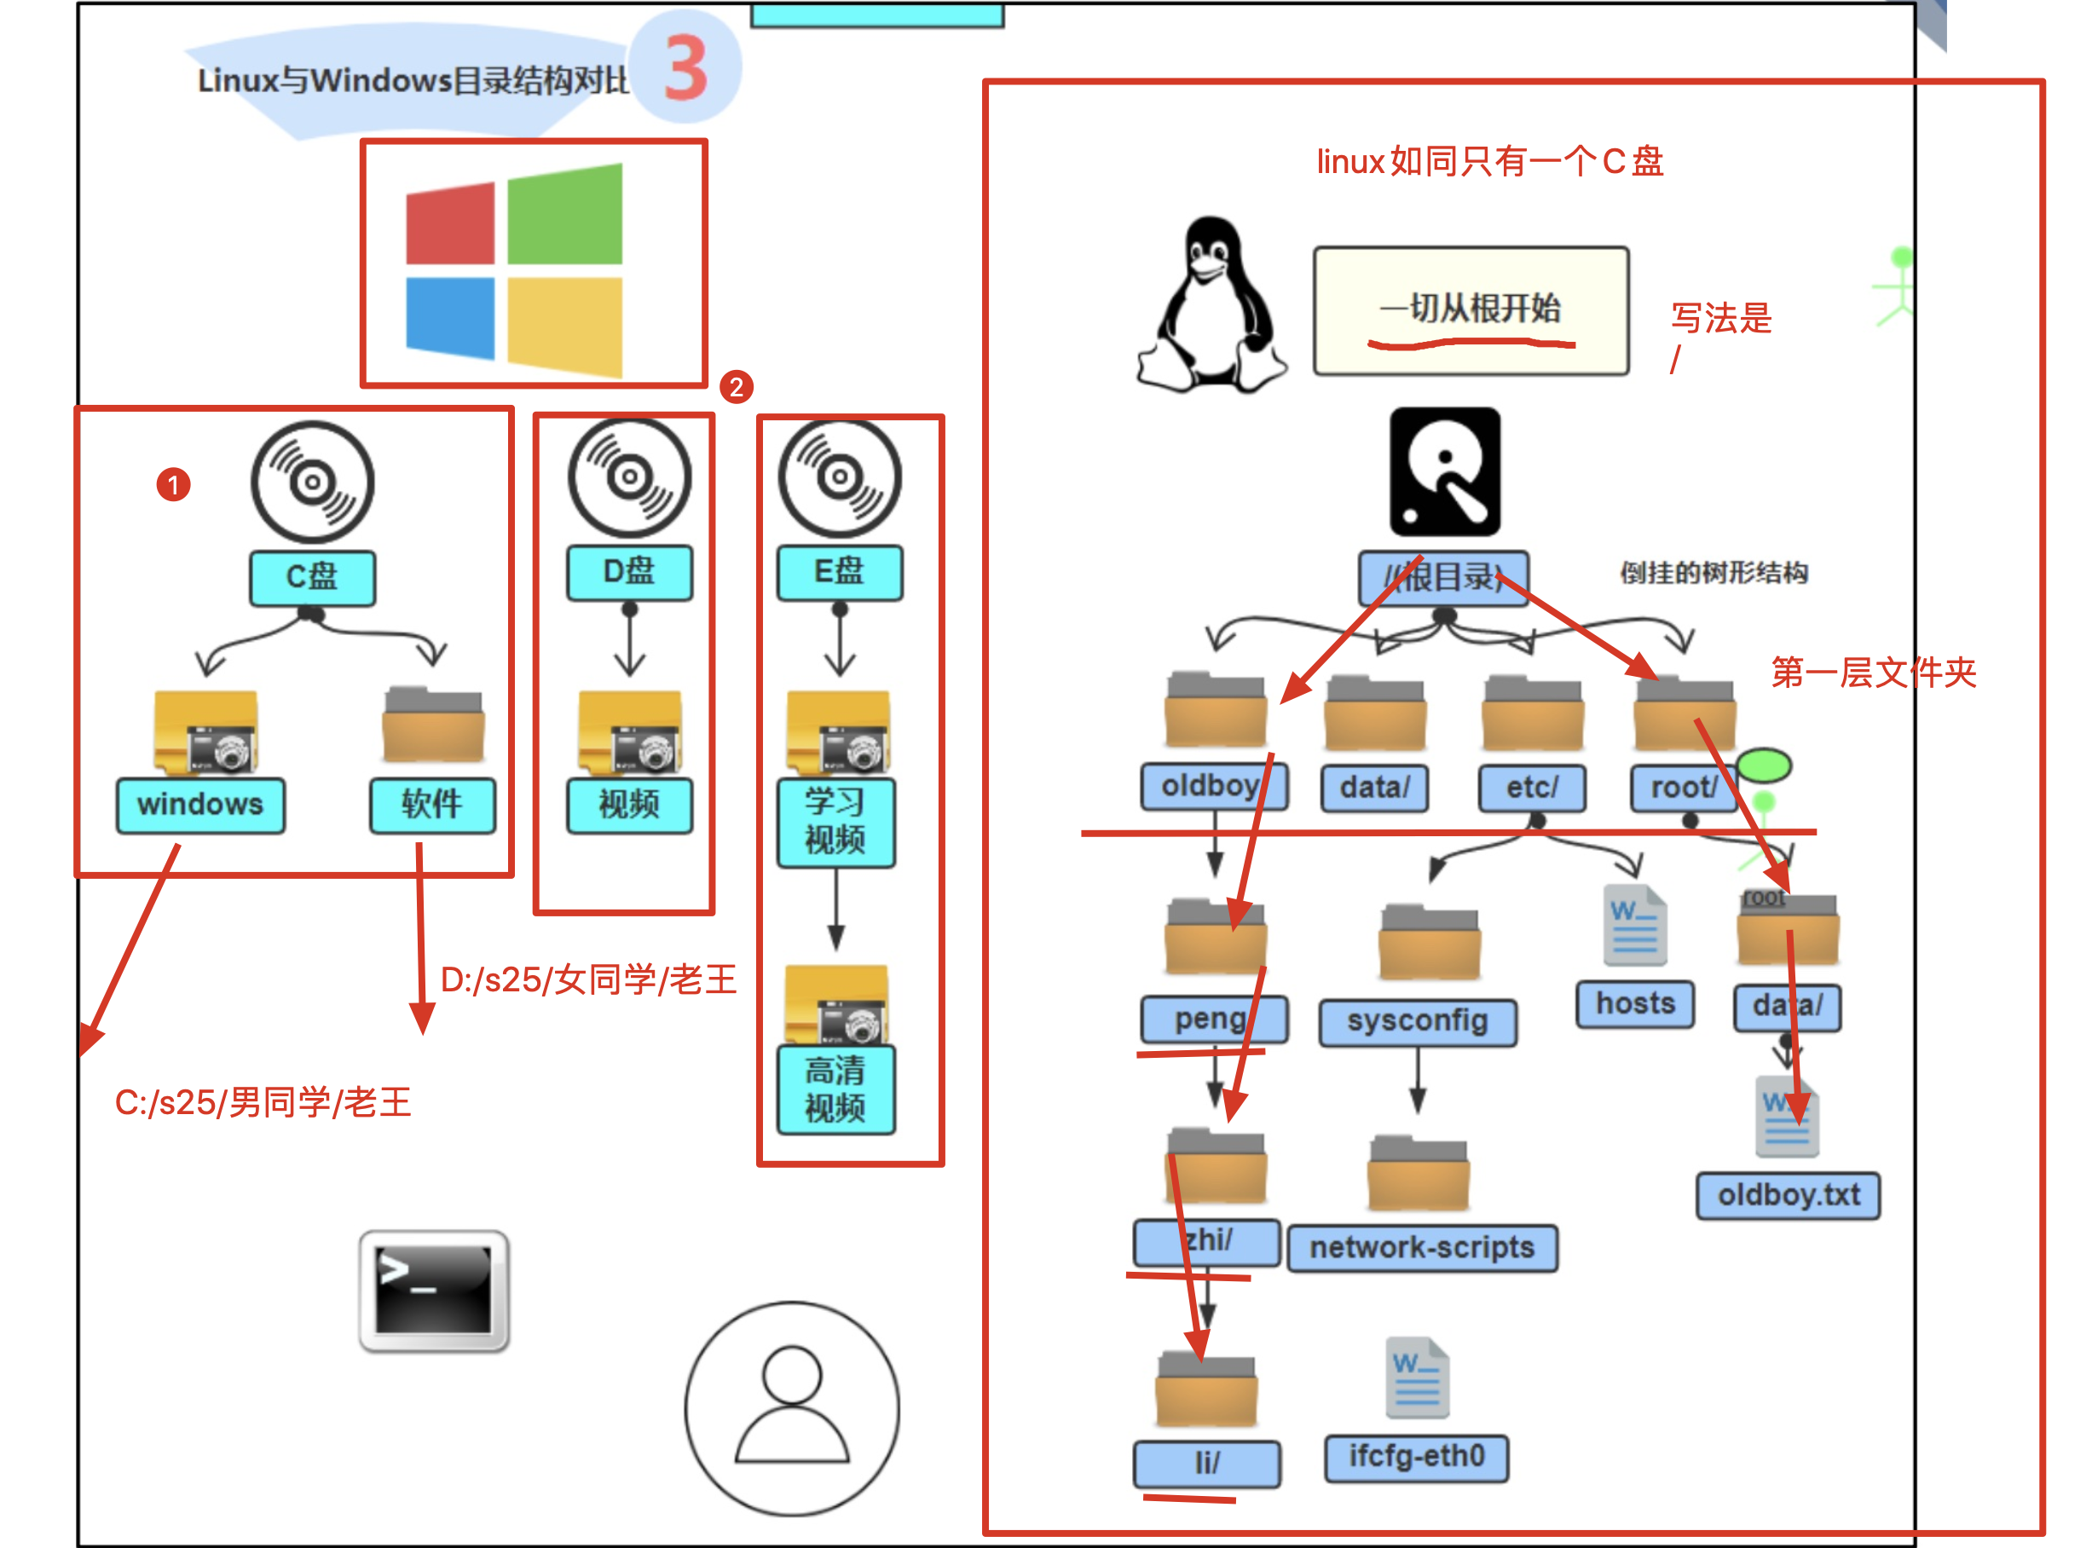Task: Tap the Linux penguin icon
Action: point(1211,305)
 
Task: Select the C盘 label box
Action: point(312,577)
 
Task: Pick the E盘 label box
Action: point(840,573)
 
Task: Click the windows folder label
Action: point(200,805)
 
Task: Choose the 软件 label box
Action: point(432,805)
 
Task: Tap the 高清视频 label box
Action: point(835,1089)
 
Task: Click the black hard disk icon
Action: point(1445,471)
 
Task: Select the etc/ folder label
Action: point(1532,788)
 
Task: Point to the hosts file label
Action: point(1635,1004)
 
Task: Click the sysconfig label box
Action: point(1418,1021)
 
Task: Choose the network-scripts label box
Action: point(1422,1248)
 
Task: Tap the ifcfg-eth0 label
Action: point(1417,1458)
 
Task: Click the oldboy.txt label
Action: point(1788,1196)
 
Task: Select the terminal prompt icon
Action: point(434,1291)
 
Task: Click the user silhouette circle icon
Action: point(792,1407)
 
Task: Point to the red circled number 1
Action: point(173,484)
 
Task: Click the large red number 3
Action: point(685,67)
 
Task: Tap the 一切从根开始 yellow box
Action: point(1471,311)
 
